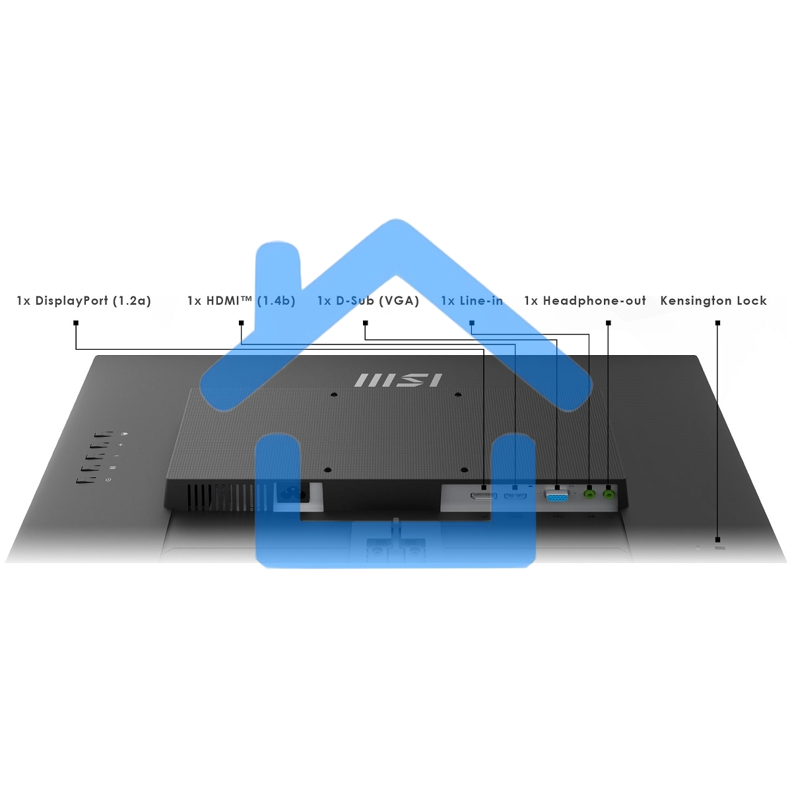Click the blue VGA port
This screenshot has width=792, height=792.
[556, 496]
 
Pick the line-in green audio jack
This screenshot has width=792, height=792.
[589, 492]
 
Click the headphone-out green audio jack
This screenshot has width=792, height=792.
[609, 492]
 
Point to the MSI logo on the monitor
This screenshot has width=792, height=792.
[398, 380]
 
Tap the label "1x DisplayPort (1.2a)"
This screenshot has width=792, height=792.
[84, 301]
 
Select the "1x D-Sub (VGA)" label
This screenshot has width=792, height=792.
[368, 301]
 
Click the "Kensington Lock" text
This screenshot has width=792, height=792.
[713, 301]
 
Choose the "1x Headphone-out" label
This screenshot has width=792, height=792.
[585, 301]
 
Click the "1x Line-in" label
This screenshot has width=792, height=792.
[472, 301]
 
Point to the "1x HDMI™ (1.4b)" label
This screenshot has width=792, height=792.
[242, 301]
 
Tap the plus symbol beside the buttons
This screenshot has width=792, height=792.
[120, 445]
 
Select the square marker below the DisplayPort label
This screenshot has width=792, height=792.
[76, 323]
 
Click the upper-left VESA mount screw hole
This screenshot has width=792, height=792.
[334, 395]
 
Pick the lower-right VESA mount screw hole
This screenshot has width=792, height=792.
[464, 470]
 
